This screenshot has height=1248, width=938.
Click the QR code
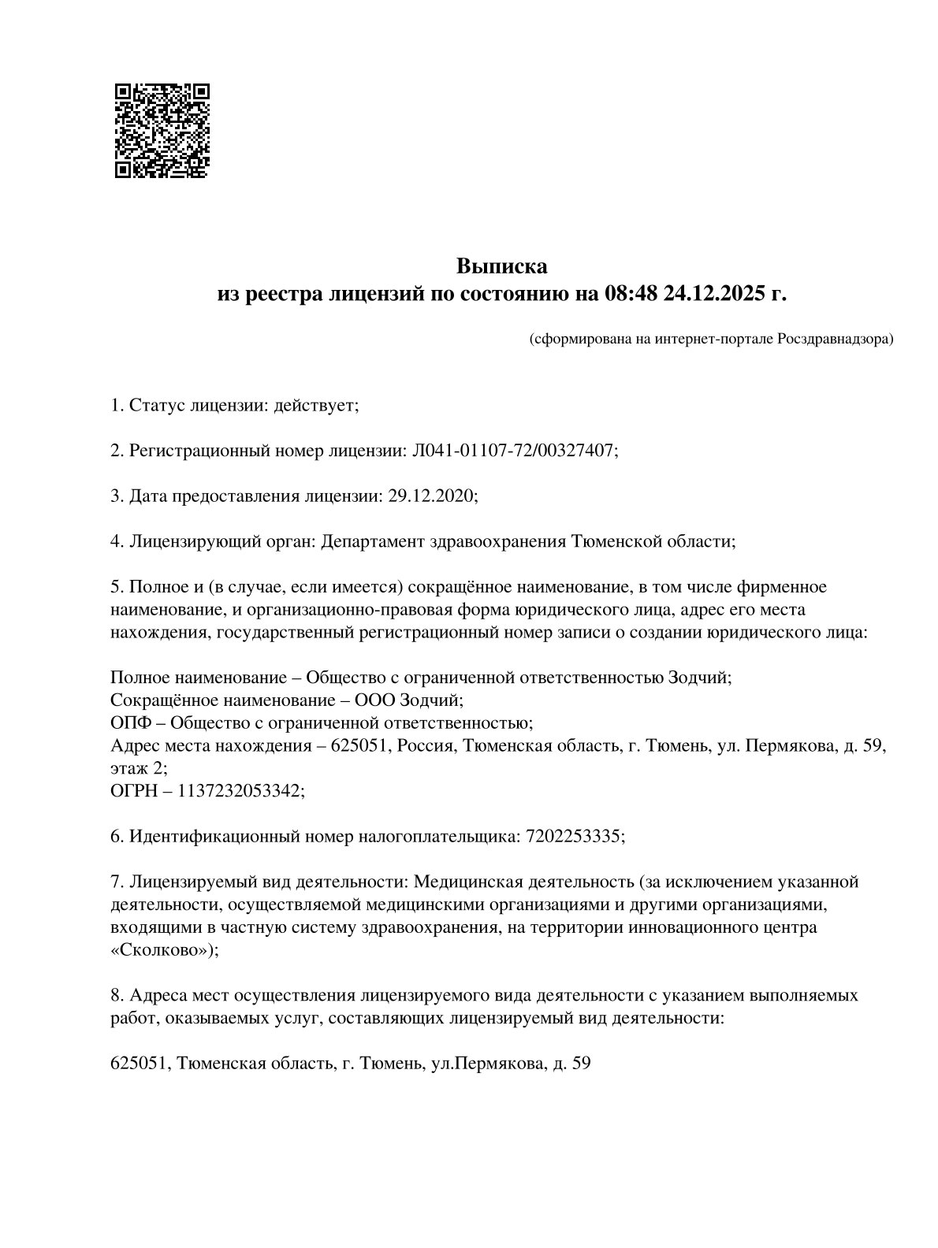tap(162, 131)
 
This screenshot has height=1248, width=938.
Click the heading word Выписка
tap(501, 266)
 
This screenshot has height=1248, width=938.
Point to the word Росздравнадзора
tap(835, 340)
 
